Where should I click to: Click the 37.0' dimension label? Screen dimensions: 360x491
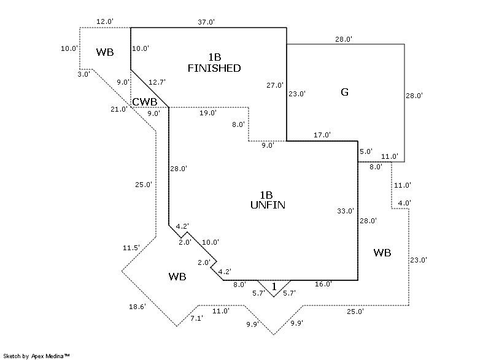pos(206,22)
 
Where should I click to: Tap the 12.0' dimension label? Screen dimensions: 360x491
pos(105,21)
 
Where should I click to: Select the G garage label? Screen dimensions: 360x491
pos(344,93)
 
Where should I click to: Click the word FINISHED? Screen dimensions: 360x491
pos(214,68)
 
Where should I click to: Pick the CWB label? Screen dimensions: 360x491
pos(145,102)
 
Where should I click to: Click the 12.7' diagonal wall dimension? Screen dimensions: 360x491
pos(157,82)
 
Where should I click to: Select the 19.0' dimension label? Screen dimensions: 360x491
pos(207,113)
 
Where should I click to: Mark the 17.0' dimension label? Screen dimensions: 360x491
pos(322,135)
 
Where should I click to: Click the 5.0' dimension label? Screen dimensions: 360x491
pos(366,151)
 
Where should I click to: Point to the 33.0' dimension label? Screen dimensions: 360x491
pos(346,211)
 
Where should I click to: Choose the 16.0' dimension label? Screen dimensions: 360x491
pos(323,284)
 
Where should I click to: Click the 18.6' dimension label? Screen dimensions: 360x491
pos(137,307)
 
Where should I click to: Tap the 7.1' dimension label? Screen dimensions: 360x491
pos(197,318)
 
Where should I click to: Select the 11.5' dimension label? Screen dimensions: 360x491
pos(131,248)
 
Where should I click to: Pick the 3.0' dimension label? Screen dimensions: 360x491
pos(84,74)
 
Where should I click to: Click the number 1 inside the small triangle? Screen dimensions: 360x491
pos(274,286)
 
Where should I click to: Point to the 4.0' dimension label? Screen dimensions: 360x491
pos(404,203)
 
